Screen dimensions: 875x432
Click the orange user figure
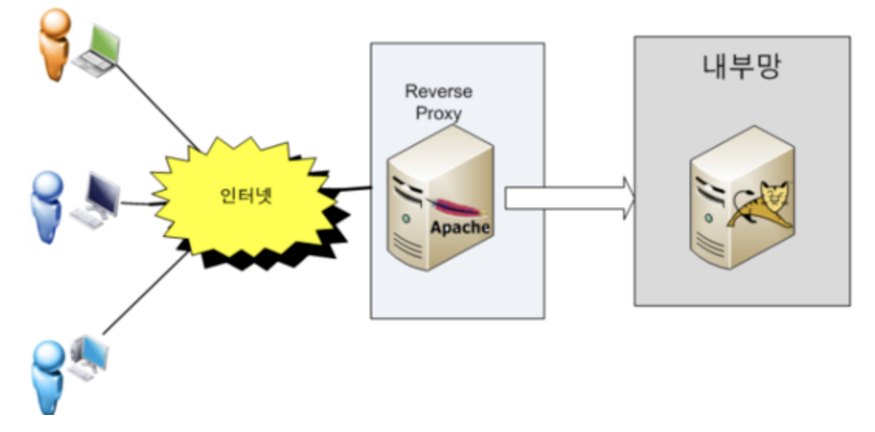click(54, 43)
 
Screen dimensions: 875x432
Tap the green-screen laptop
click(97, 50)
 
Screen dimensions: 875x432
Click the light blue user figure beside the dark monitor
click(47, 207)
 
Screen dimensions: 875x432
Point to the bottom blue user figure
click(48, 377)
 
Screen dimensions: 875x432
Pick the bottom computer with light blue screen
click(90, 357)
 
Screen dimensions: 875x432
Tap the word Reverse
click(438, 91)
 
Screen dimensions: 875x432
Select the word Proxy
click(438, 112)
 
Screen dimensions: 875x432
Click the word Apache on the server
click(460, 228)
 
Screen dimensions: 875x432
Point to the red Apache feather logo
click(455, 206)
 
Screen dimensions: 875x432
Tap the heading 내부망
click(741, 66)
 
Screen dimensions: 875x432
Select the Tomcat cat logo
click(760, 206)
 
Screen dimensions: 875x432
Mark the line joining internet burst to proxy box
click(351, 190)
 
